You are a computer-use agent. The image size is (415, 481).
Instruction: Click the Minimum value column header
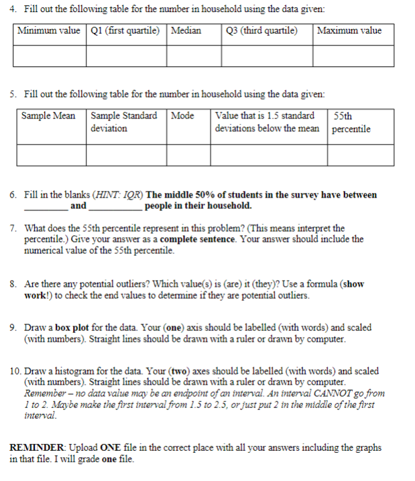[x=48, y=31]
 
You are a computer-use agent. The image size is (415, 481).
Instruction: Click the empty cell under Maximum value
[x=353, y=56]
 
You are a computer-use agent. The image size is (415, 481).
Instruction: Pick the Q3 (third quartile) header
[x=266, y=31]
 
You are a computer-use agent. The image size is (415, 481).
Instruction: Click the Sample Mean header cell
[x=48, y=116]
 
